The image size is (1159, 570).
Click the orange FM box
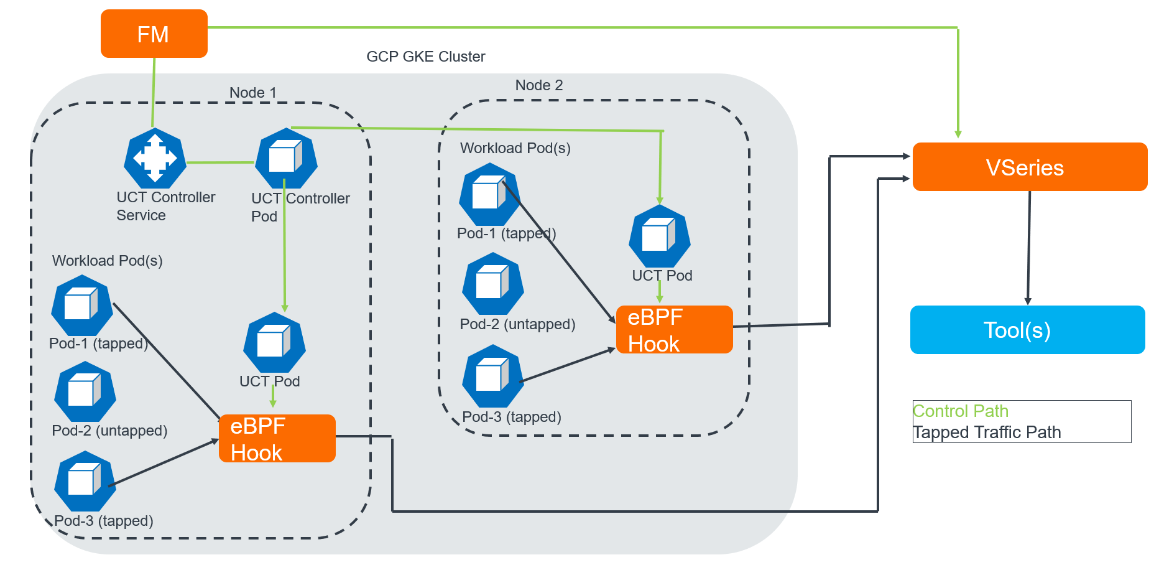(154, 34)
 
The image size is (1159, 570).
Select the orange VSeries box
(1029, 167)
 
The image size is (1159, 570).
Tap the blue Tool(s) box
(1027, 330)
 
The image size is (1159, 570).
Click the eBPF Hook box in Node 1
(277, 439)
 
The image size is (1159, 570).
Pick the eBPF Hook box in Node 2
(674, 330)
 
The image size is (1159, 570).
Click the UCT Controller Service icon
(155, 158)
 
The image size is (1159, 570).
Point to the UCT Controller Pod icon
(286, 158)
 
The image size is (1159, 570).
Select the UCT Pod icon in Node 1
(274, 343)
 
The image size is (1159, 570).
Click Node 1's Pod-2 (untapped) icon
(85, 392)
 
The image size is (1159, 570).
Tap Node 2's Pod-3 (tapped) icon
(492, 376)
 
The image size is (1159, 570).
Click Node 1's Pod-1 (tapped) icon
(81, 306)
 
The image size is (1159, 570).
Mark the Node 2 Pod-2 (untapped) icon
(492, 284)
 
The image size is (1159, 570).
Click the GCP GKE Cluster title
(425, 57)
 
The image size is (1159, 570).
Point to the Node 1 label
(252, 93)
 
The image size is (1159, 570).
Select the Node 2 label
(538, 85)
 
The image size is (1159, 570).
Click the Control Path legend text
(960, 411)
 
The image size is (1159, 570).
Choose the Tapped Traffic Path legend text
(987, 432)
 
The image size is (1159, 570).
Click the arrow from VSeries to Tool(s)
(1029, 249)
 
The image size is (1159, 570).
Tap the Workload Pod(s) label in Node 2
(515, 148)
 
